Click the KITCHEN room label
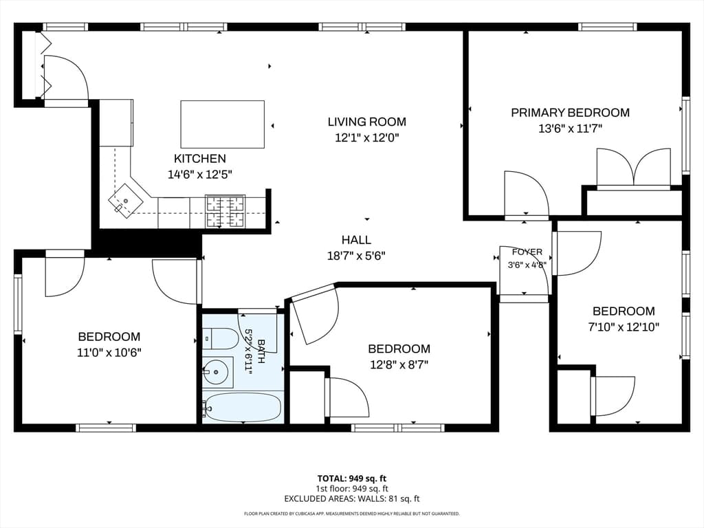pos(200,159)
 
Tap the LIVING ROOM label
pos(367,122)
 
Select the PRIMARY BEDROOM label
pos(570,113)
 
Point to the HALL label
pos(357,240)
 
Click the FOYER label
pos(527,252)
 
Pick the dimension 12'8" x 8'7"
pos(399,364)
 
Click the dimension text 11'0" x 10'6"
pos(109,353)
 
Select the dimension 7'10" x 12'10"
pos(624,327)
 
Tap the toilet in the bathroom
pos(220,338)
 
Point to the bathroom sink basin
pos(218,372)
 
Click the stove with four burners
pos(225,212)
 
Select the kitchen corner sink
pos(125,201)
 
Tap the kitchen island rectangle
pos(222,124)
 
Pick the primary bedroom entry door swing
pos(526,195)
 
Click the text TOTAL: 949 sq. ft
pos(352,478)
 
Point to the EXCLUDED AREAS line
pos(352,499)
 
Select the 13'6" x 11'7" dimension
pos(570,129)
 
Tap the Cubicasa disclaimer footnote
pos(352,514)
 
